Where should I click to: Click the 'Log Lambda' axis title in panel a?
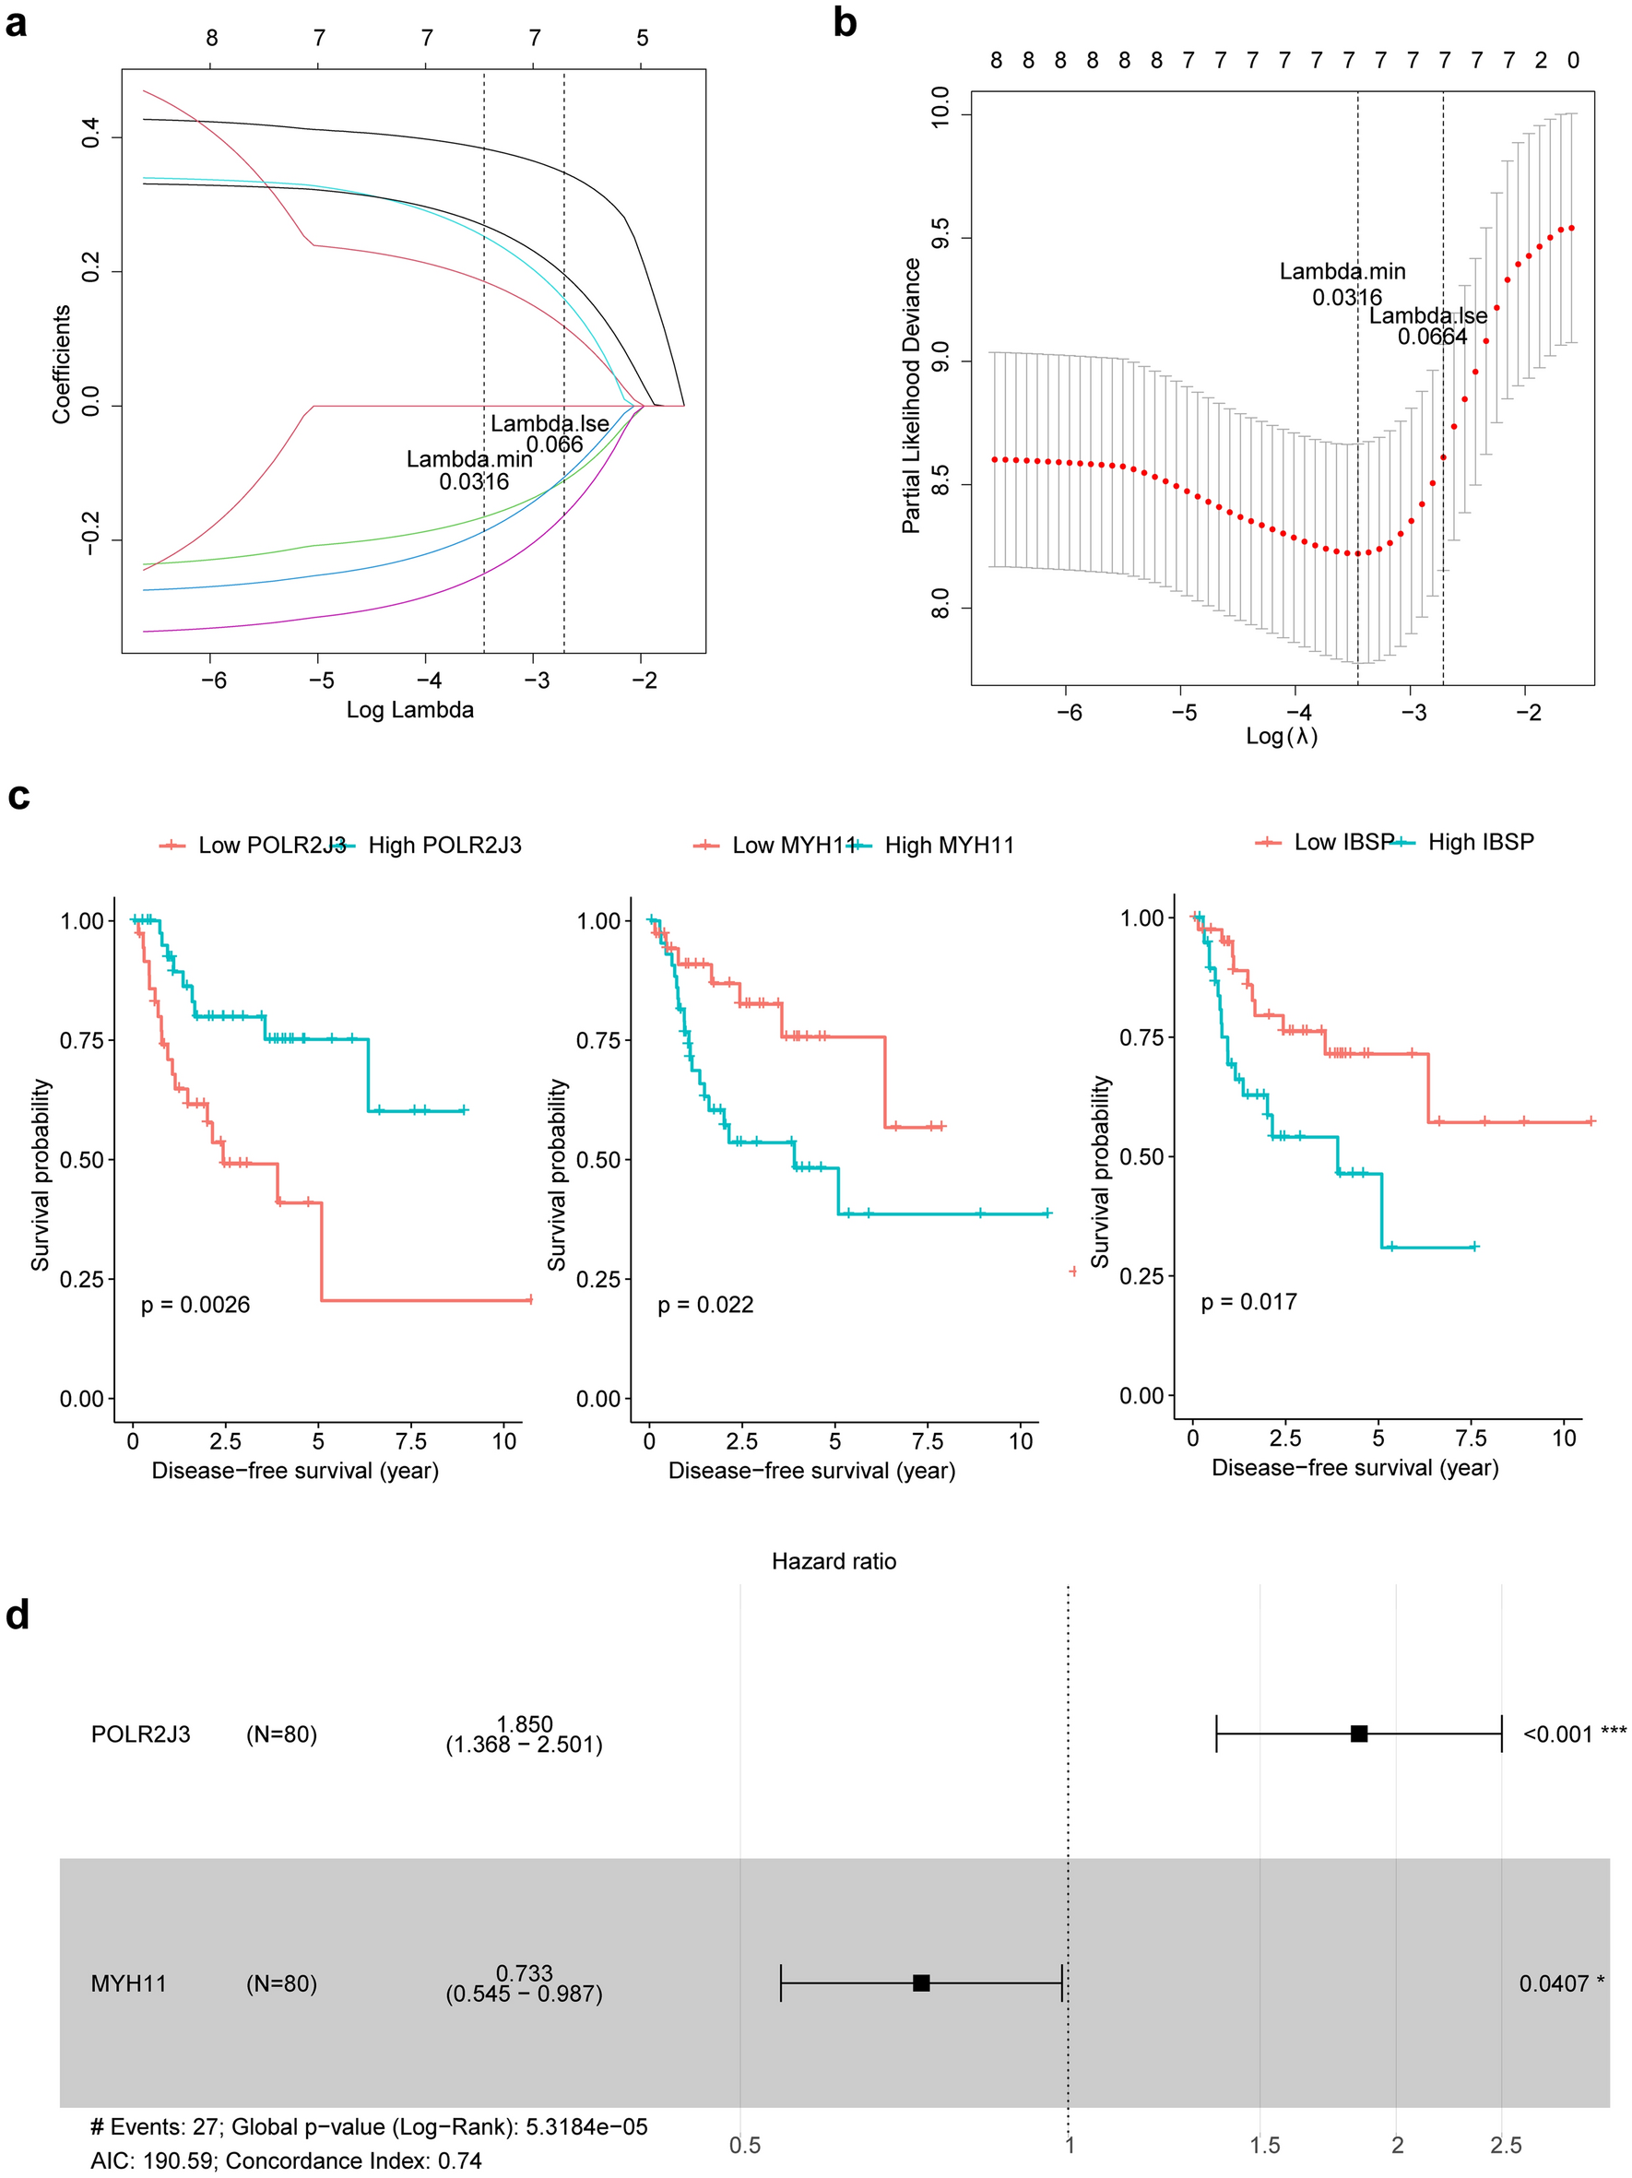point(409,710)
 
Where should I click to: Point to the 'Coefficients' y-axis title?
point(62,364)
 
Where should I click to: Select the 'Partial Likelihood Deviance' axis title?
point(912,396)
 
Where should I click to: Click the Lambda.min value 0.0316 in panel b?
point(1346,297)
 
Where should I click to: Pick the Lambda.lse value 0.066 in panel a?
point(554,444)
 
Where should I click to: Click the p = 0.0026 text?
point(195,1305)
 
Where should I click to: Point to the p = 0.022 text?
point(704,1305)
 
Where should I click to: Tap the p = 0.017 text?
point(1248,1302)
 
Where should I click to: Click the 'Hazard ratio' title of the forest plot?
point(834,1560)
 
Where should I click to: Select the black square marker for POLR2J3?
point(1358,1733)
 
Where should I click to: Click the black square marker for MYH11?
point(921,1983)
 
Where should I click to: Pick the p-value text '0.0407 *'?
point(1561,1983)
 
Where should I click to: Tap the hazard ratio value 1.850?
point(525,1724)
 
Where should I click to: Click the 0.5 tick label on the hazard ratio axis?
point(744,2145)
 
